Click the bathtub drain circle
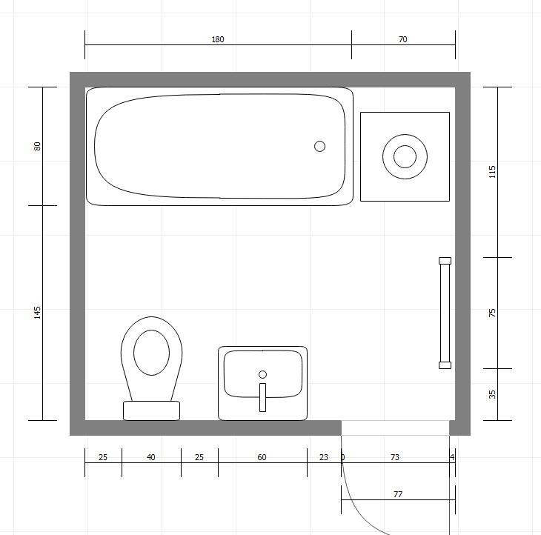tap(320, 146)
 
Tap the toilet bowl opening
tap(151, 353)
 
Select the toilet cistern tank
tap(151, 411)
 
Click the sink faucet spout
tap(262, 397)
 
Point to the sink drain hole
tap(262, 374)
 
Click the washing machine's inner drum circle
tap(405, 156)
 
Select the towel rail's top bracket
tap(445, 261)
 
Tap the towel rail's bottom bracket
tap(445, 365)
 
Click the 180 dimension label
tap(218, 39)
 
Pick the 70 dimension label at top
tap(403, 39)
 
